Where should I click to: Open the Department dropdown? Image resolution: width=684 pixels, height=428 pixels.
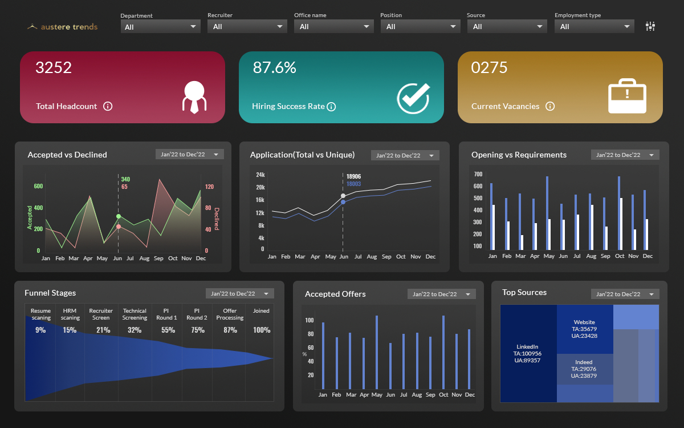(160, 26)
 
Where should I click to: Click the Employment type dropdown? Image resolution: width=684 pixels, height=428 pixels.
(594, 26)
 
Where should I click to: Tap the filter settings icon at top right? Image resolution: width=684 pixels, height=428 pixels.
(650, 26)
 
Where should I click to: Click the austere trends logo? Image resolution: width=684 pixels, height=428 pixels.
(63, 26)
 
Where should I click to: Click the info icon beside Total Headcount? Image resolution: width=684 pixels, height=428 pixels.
(108, 106)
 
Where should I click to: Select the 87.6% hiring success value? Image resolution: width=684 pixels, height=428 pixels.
(274, 68)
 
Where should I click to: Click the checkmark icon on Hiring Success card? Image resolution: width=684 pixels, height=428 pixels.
(413, 98)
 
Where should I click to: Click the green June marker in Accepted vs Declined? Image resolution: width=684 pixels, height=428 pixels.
(119, 216)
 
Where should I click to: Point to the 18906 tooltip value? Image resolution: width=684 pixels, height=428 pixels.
(353, 176)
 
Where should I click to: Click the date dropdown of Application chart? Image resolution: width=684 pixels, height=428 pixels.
(405, 155)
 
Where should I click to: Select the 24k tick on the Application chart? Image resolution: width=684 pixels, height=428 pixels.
(260, 175)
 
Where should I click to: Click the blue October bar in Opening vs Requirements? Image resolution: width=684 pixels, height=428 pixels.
(619, 213)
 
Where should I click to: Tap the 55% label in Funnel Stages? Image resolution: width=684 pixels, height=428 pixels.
(168, 330)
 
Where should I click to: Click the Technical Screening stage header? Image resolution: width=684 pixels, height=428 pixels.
(135, 314)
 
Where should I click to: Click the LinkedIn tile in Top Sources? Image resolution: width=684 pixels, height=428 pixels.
(528, 353)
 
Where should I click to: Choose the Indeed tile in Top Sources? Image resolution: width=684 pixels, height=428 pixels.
(584, 369)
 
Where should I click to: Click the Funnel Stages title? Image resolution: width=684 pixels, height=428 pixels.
(50, 293)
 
